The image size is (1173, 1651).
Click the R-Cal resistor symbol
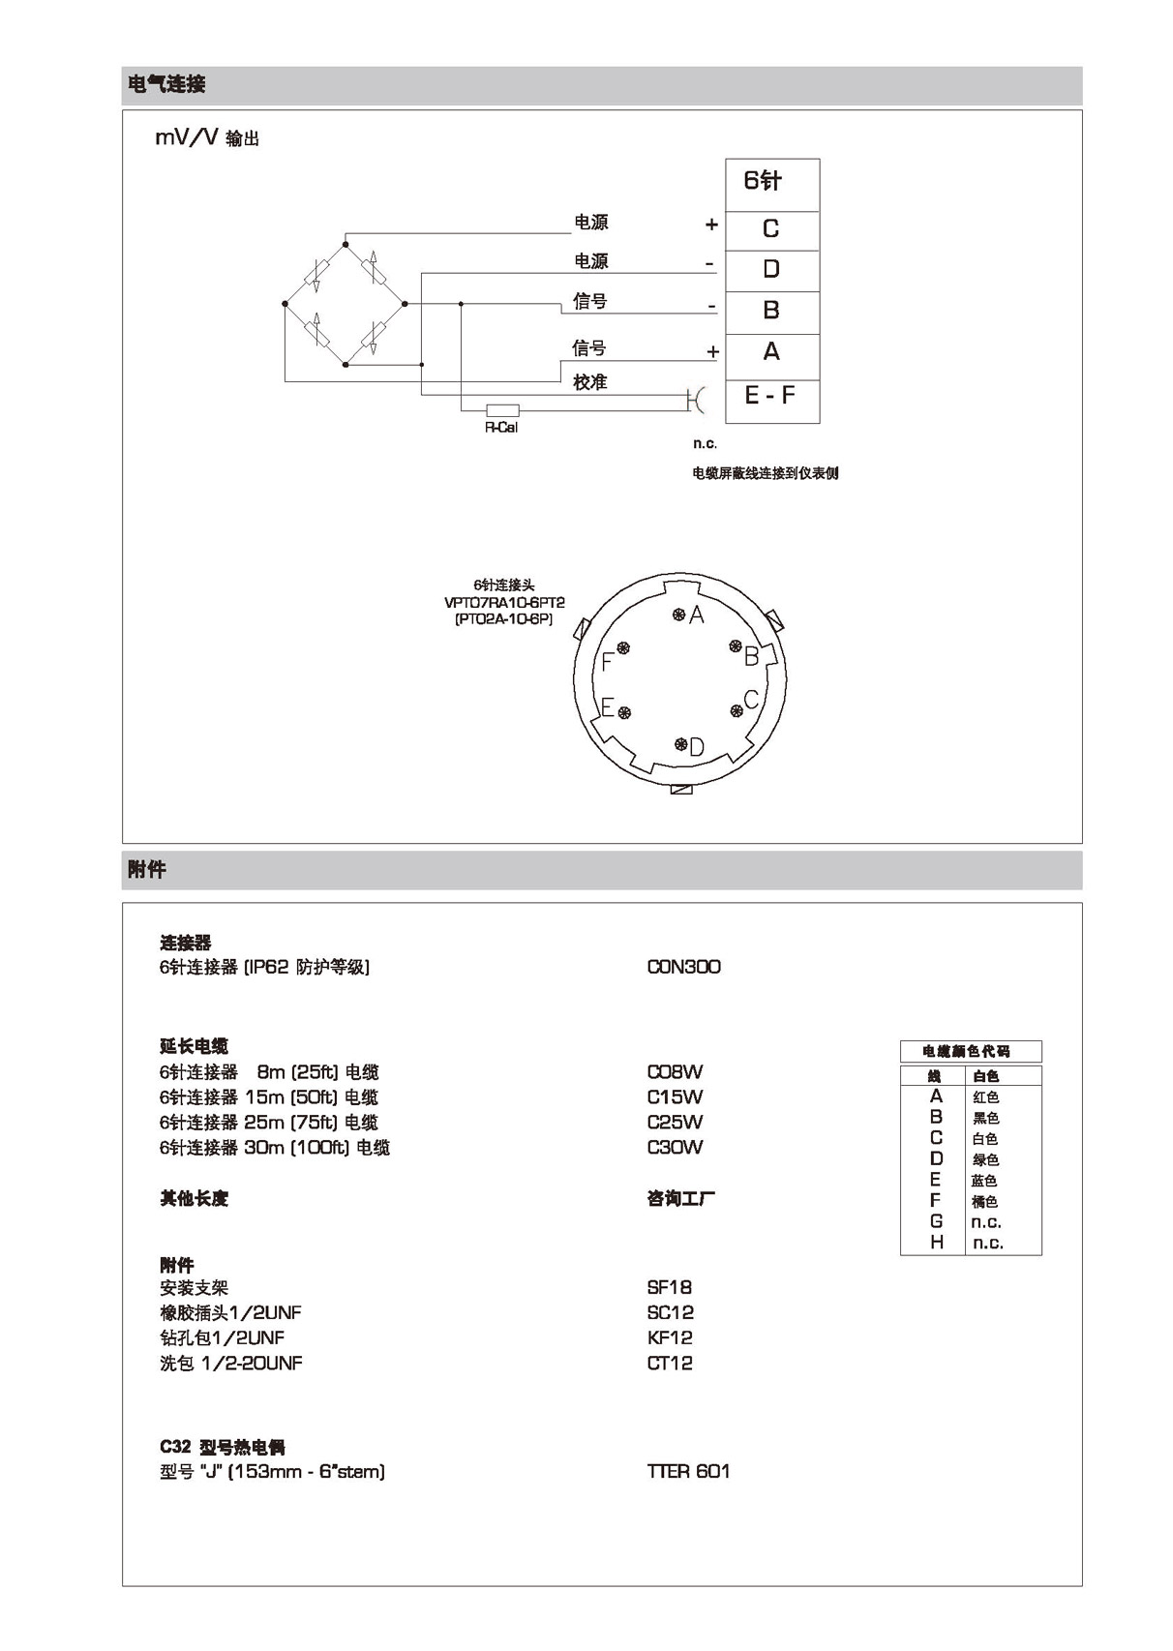point(502,410)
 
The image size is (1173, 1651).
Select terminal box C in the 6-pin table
point(771,229)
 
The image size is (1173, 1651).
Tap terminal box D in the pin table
point(771,270)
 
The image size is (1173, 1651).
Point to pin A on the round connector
point(679,614)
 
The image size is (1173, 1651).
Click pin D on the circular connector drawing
point(680,744)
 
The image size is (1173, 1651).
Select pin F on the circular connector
point(623,647)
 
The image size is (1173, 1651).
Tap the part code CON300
point(683,967)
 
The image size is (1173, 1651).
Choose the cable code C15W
point(675,1097)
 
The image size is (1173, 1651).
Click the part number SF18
point(669,1287)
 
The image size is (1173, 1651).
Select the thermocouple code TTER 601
point(688,1471)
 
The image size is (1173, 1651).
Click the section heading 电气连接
point(166,85)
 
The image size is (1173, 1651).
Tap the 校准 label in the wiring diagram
point(589,383)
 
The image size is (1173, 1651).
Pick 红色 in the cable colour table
point(985,1097)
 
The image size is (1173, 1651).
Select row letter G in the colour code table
point(936,1221)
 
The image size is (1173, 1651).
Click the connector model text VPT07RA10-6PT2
point(504,602)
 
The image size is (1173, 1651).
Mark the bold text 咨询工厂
point(681,1199)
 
